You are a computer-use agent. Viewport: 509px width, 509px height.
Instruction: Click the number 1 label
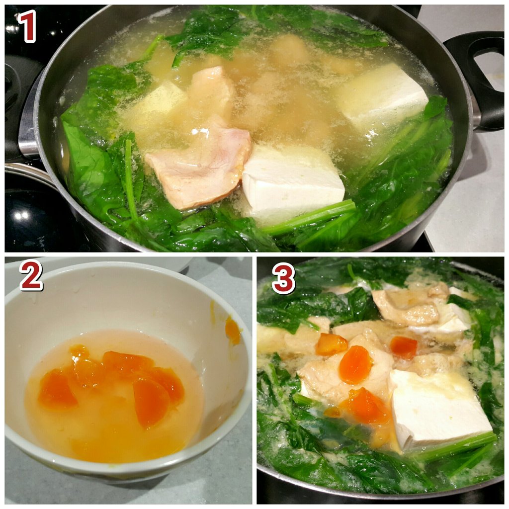(x=27, y=26)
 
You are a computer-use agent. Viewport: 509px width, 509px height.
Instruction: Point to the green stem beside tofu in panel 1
(x=312, y=216)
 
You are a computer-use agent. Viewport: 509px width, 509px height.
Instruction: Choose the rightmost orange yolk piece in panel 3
(x=404, y=347)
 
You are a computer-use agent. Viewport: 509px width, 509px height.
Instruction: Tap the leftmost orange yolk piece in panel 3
(x=331, y=344)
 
